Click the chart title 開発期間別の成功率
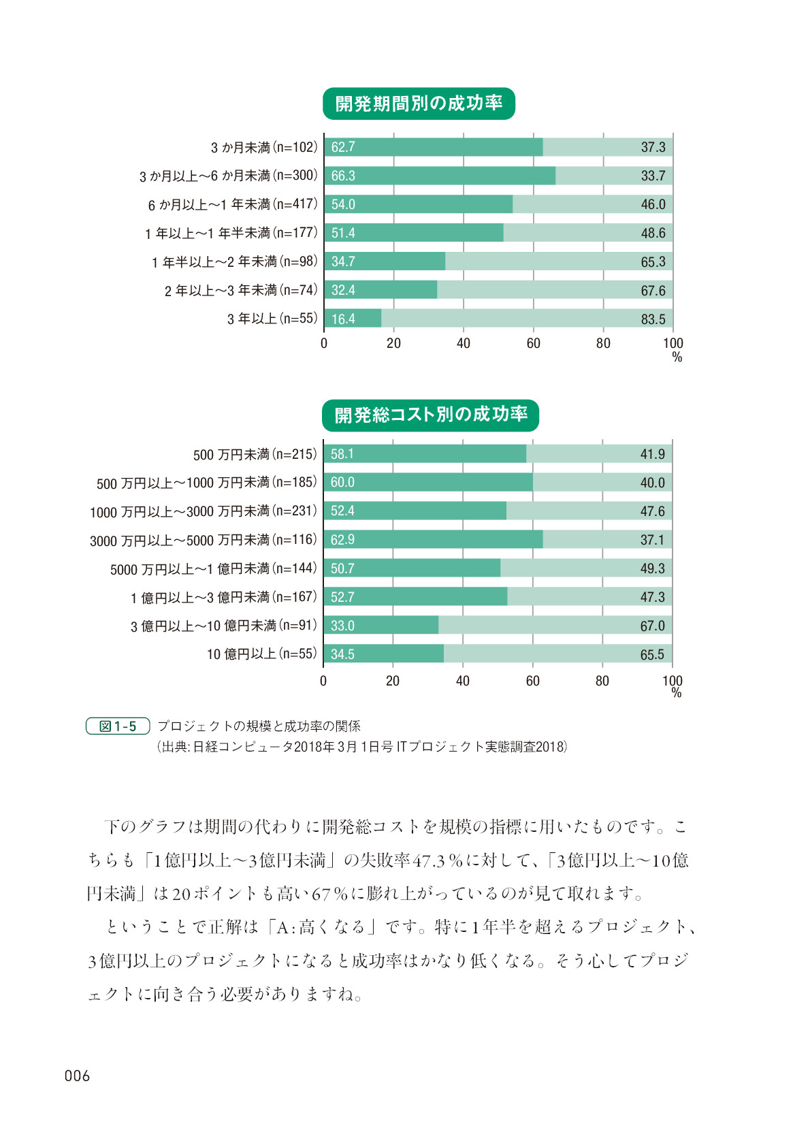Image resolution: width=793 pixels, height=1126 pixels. (x=419, y=103)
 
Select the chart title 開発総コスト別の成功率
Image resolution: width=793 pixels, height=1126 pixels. (x=430, y=415)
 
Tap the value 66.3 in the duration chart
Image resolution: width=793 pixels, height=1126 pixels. (x=343, y=176)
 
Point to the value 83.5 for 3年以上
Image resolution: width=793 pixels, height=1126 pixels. (x=653, y=319)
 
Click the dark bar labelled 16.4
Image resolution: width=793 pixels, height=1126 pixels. (x=353, y=319)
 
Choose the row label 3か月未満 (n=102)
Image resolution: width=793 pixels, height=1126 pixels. (x=263, y=147)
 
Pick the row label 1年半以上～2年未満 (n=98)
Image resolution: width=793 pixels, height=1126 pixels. (x=234, y=262)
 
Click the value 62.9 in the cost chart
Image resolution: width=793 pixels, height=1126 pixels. (x=342, y=540)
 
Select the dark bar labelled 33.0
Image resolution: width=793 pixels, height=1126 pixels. (x=381, y=626)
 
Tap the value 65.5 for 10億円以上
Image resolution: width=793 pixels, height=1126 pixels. (x=652, y=654)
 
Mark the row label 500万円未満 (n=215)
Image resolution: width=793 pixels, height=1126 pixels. (x=255, y=454)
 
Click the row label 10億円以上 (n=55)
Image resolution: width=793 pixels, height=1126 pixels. (x=261, y=654)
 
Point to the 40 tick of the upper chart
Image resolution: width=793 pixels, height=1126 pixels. (x=464, y=343)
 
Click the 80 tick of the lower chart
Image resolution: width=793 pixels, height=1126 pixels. (x=602, y=681)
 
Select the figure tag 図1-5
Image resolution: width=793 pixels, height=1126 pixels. (x=118, y=726)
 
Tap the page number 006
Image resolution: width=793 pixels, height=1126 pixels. (x=77, y=1076)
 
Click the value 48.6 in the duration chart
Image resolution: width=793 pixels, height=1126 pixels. (x=653, y=233)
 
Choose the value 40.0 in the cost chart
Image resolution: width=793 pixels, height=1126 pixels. (x=652, y=483)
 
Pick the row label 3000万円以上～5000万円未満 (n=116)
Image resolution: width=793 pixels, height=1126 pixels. (x=203, y=541)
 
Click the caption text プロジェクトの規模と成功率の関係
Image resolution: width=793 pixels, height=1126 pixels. (x=259, y=726)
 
